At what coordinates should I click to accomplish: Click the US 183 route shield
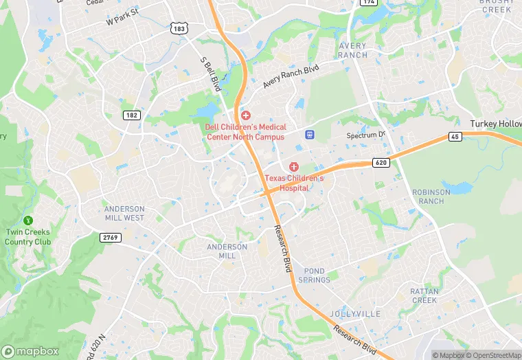pos(180,28)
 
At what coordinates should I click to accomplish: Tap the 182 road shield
pos(132,115)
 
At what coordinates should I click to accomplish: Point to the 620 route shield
pos(382,162)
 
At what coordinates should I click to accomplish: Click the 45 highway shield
pos(455,137)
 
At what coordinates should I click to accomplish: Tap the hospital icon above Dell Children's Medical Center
pos(245,115)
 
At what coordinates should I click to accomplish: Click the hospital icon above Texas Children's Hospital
pos(294,167)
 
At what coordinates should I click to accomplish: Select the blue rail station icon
pos(310,134)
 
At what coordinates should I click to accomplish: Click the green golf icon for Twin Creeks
pos(28,221)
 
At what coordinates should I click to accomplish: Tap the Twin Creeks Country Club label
pos(28,237)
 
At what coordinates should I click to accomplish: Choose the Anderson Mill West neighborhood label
pos(124,213)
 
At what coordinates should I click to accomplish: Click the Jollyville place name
pos(354,314)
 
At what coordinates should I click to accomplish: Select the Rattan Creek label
pos(424,296)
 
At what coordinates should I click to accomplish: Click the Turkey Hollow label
pos(495,124)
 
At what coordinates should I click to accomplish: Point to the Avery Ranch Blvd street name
pos(292,76)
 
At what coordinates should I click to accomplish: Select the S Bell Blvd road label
pos(209,74)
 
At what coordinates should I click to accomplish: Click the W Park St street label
pos(123,17)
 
